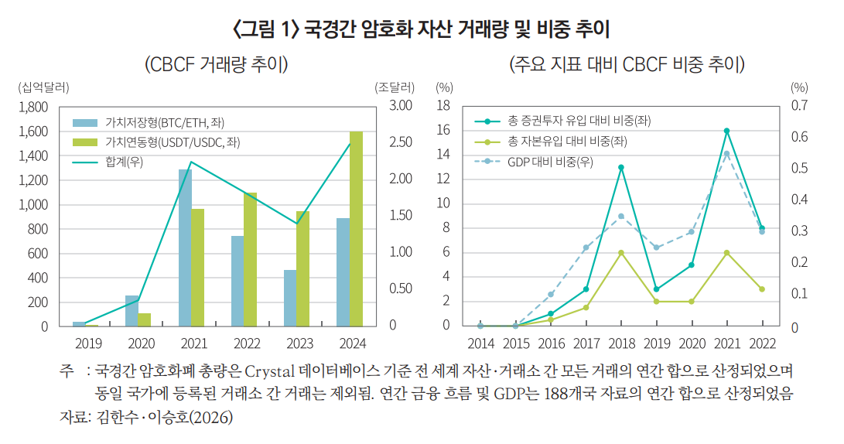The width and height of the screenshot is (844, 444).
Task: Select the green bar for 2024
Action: (x=355, y=229)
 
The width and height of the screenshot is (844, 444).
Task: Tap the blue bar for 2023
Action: (x=290, y=298)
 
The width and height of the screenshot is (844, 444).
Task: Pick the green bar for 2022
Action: (x=250, y=259)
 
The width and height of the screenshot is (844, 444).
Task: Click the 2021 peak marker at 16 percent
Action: (x=726, y=131)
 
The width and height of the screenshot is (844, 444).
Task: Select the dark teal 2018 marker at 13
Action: (x=621, y=167)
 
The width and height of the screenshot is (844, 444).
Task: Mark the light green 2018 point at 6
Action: (x=621, y=252)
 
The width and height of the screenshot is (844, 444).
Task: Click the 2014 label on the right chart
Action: (x=480, y=342)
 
